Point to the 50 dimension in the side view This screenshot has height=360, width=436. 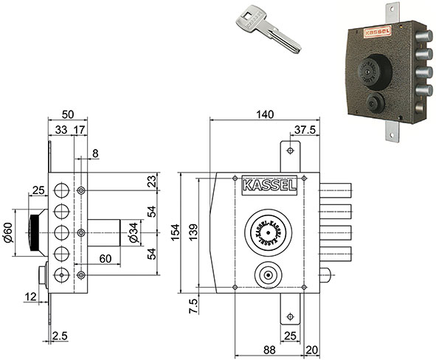pyautogui.click(x=67, y=114)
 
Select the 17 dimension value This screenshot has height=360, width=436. pyautogui.click(x=80, y=130)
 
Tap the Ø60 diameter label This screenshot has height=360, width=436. pyautogui.click(x=8, y=234)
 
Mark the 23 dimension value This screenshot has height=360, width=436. pyautogui.click(x=151, y=181)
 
